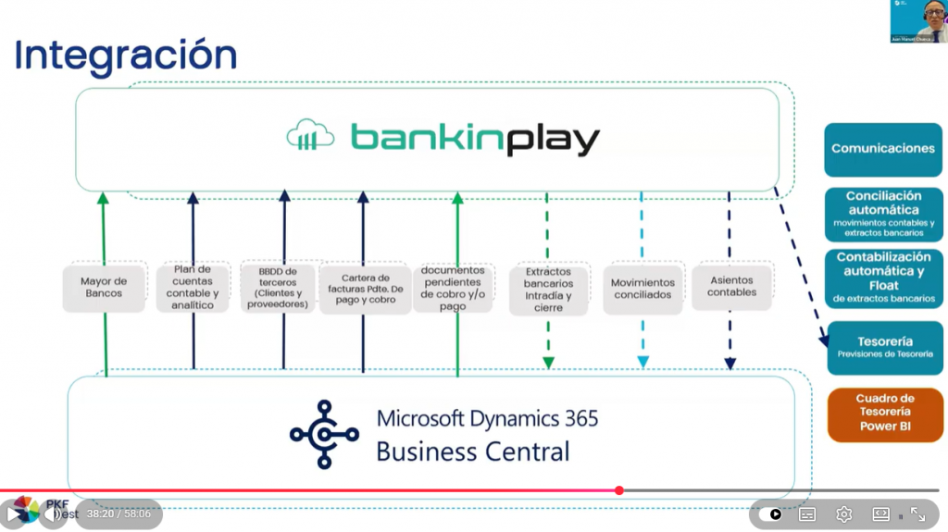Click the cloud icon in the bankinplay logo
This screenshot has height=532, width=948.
click(310, 137)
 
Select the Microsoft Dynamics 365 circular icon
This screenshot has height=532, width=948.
click(323, 434)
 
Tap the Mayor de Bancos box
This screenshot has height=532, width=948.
click(104, 288)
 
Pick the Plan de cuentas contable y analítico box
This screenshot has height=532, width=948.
click(193, 287)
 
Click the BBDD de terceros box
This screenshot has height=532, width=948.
click(283, 287)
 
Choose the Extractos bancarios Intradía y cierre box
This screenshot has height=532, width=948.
click(548, 290)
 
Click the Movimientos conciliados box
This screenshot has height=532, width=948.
click(643, 289)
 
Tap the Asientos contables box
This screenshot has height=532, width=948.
click(731, 286)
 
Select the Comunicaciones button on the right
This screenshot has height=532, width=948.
click(883, 149)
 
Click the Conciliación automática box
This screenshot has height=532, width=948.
click(883, 214)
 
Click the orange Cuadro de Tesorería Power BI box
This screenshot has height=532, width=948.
click(884, 413)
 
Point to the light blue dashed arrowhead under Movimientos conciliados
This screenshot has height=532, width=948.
click(643, 362)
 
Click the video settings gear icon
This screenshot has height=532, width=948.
click(843, 514)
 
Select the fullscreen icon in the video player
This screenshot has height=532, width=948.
click(917, 514)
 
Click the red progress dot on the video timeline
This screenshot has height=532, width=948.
click(619, 490)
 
